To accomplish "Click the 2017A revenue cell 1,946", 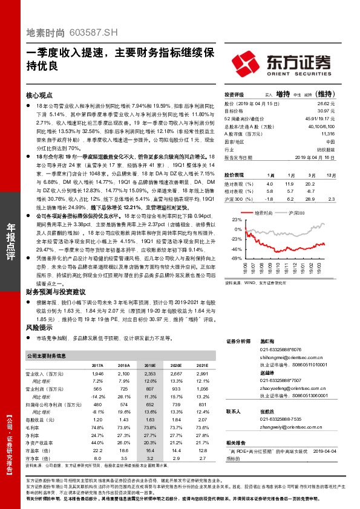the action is point(97,375).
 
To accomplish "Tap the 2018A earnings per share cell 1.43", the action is point(124,419).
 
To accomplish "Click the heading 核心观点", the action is point(39,96).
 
